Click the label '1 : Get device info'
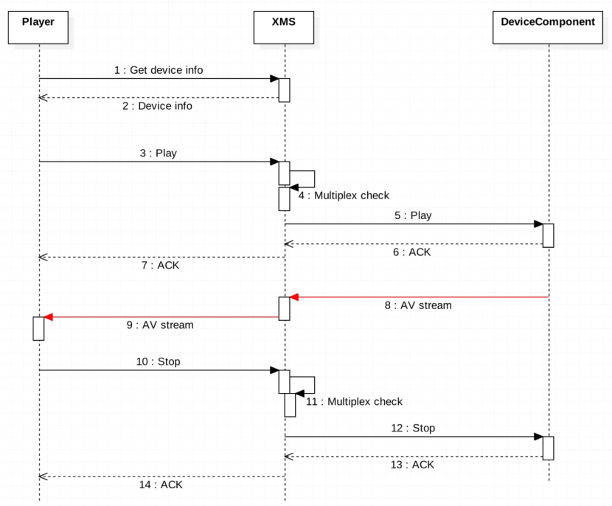159,70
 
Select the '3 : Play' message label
159,153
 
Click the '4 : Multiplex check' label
344,195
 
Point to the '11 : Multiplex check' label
354,402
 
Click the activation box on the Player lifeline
39,328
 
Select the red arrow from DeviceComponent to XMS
420,297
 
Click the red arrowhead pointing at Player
49,317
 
